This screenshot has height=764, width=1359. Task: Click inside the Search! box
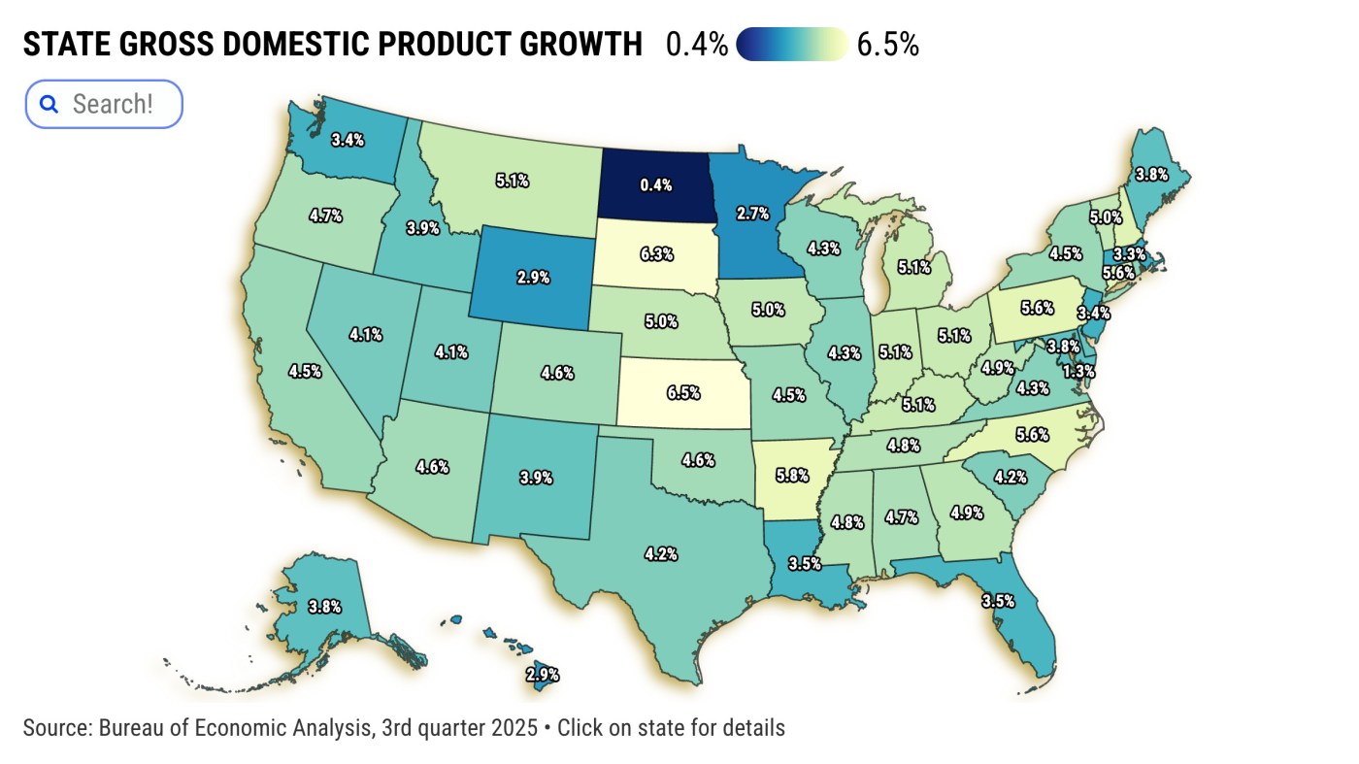point(113,104)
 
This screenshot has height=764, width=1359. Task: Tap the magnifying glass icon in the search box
point(49,104)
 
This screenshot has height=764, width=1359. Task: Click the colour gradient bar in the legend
point(792,45)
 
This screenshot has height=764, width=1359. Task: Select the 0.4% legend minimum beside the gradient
point(696,45)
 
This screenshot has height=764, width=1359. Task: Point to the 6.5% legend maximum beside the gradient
point(887,45)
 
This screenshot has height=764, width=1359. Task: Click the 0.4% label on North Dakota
point(656,184)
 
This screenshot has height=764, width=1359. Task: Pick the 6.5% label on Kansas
point(683,393)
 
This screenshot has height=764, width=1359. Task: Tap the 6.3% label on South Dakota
point(656,254)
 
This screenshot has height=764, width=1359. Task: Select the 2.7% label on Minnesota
point(753,211)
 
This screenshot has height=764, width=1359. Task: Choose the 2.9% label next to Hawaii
point(542,675)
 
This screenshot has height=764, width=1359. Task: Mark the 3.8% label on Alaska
point(324,607)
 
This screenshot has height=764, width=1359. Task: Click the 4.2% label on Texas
point(660,554)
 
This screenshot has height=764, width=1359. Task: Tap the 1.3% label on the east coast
point(1078,371)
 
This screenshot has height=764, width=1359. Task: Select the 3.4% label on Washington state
point(348,140)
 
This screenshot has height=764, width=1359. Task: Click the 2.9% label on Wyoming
point(533,277)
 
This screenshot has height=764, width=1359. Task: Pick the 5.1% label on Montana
point(512,180)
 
